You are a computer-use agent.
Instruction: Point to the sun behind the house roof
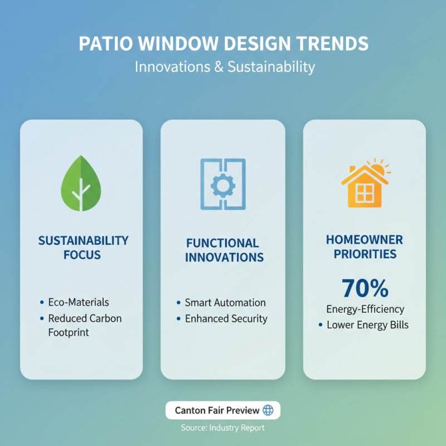pyautogui.click(x=380, y=167)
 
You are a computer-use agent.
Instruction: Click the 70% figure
pyautogui.click(x=365, y=289)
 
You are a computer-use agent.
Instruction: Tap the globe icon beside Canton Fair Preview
pyautogui.click(x=268, y=410)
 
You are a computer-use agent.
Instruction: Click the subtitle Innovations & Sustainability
pyautogui.click(x=225, y=67)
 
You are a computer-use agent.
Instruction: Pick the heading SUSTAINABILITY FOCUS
pyautogui.click(x=83, y=248)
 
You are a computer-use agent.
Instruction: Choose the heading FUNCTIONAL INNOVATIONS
pyautogui.click(x=224, y=250)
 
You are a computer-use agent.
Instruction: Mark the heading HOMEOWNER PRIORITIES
pyautogui.click(x=365, y=247)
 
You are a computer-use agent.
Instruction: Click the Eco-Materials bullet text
pyautogui.click(x=79, y=302)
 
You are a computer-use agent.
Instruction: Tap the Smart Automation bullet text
pyautogui.click(x=225, y=303)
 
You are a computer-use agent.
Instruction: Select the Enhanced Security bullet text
pyautogui.click(x=226, y=319)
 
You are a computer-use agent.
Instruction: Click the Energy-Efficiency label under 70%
pyautogui.click(x=365, y=309)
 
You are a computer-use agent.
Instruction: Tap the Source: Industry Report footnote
pyautogui.click(x=222, y=428)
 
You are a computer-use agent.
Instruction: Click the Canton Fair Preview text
pyautogui.click(x=217, y=410)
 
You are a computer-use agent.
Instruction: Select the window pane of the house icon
pyautogui.click(x=364, y=193)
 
